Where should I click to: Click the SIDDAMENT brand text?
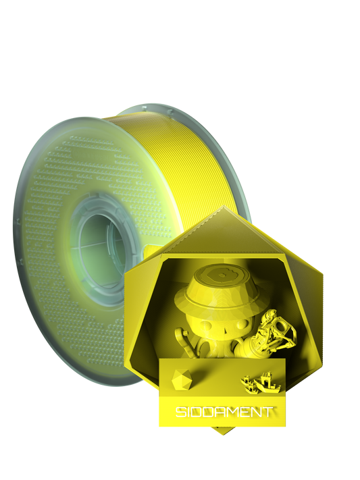click(x=223, y=411)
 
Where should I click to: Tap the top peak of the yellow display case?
click(x=222, y=210)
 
